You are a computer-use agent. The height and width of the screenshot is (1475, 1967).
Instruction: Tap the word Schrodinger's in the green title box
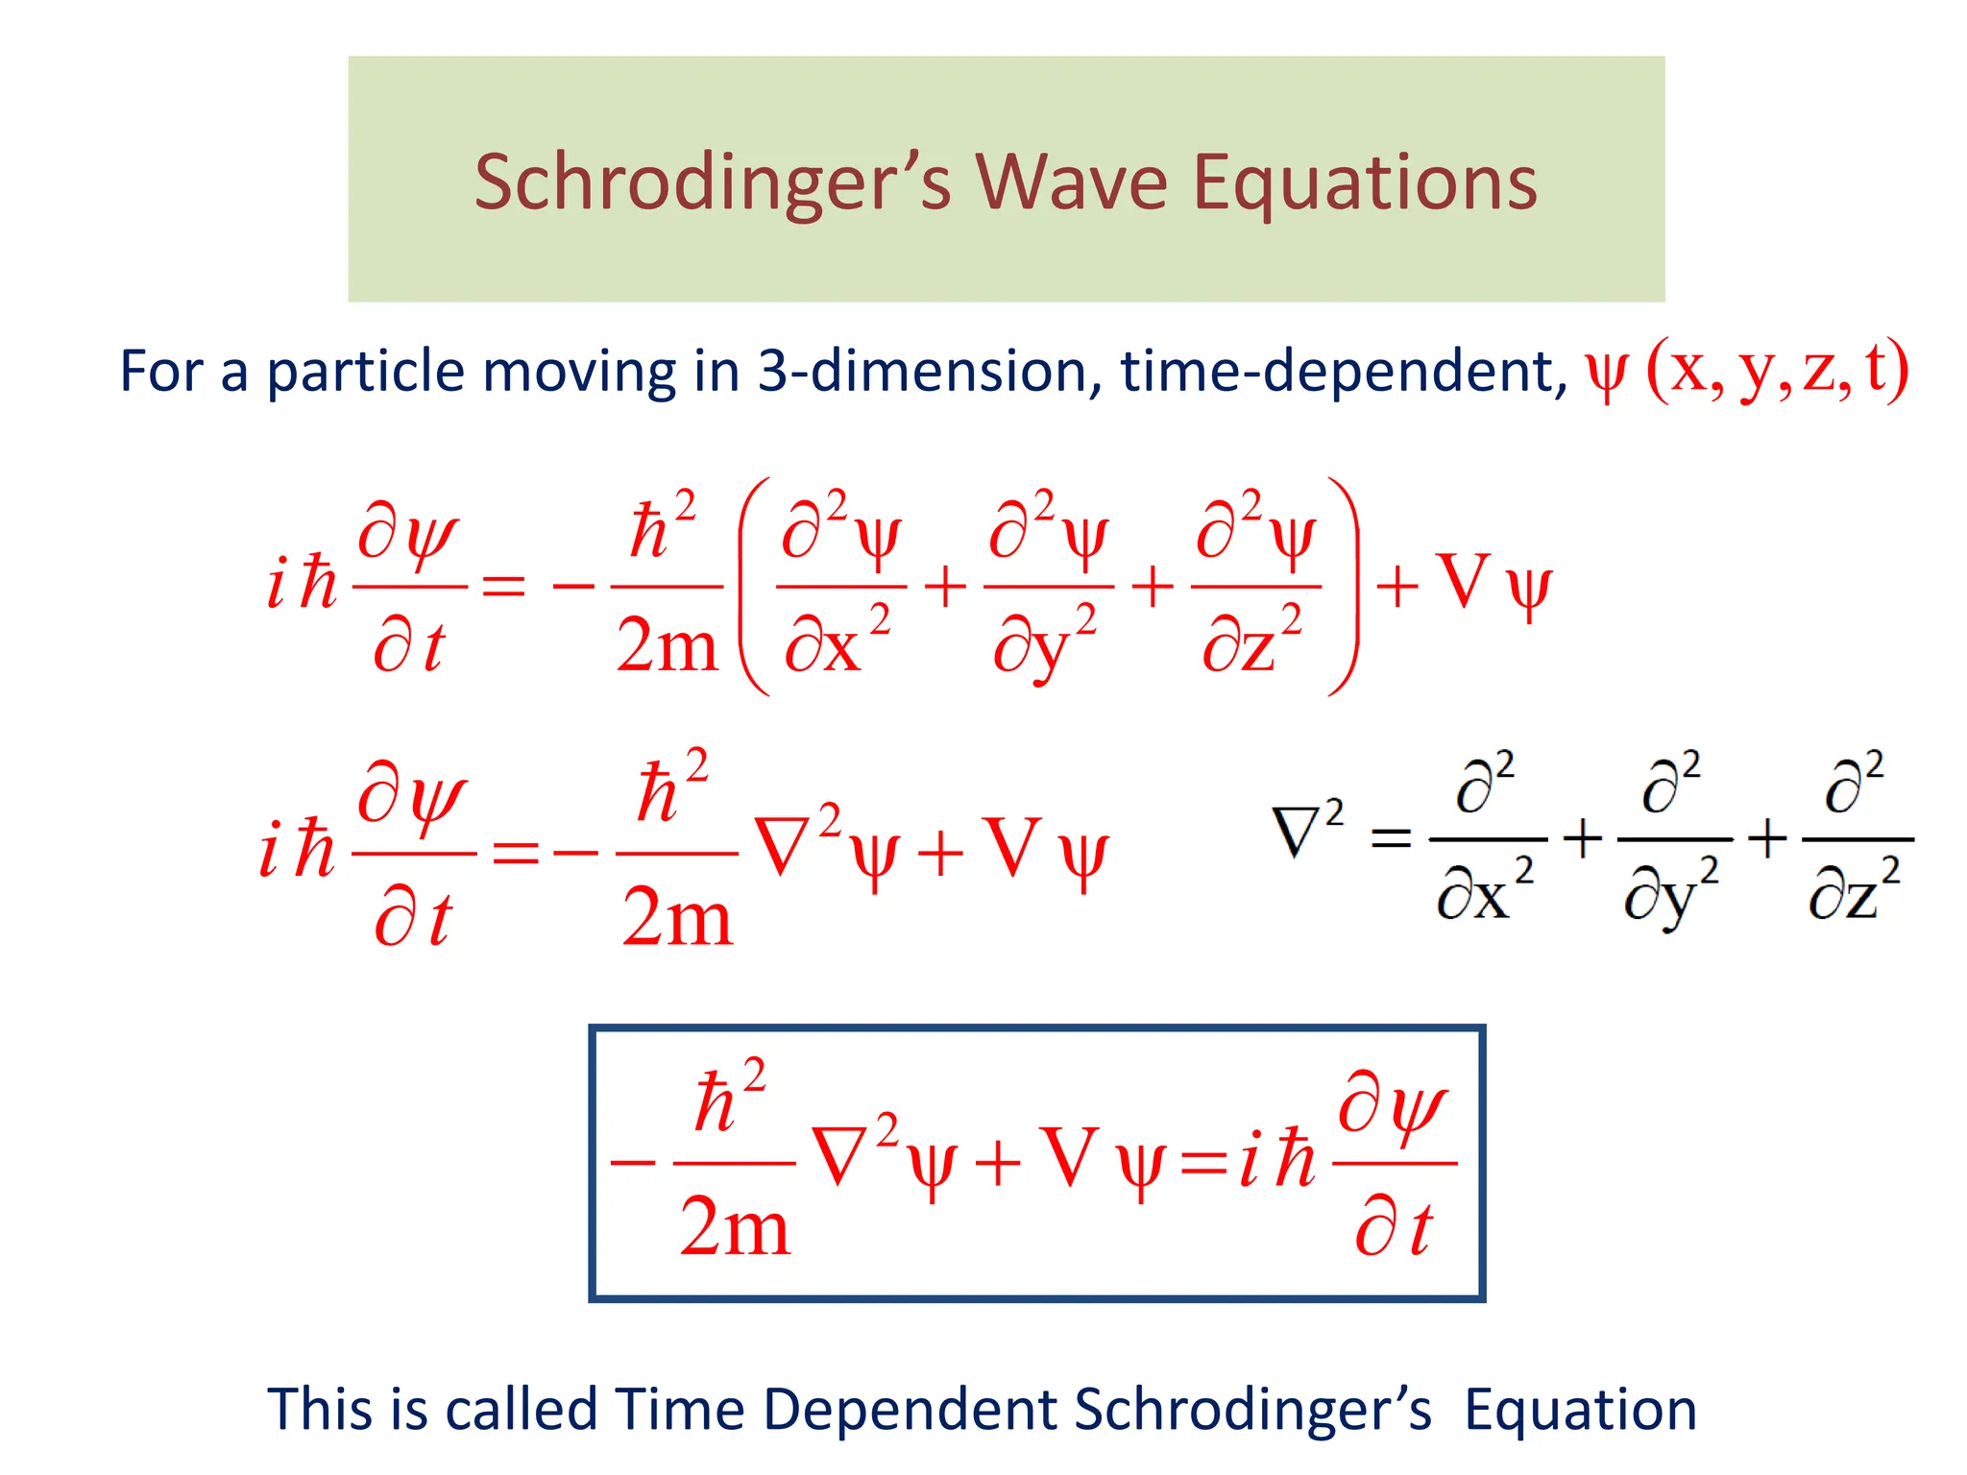click(x=712, y=184)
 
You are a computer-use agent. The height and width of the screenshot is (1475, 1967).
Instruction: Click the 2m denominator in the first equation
click(x=667, y=644)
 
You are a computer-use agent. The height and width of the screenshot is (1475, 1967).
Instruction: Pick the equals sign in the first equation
click(x=503, y=585)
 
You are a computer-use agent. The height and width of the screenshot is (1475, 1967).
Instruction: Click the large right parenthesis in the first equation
click(x=1345, y=586)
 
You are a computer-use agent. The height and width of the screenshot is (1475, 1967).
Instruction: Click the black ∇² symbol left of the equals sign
click(x=1306, y=831)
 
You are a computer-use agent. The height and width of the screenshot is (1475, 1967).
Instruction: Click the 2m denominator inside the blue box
click(x=734, y=1227)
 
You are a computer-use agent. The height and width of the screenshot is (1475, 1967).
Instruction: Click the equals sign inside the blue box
click(x=1203, y=1164)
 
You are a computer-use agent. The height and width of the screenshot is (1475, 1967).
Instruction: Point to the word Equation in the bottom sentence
click(x=1580, y=1410)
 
